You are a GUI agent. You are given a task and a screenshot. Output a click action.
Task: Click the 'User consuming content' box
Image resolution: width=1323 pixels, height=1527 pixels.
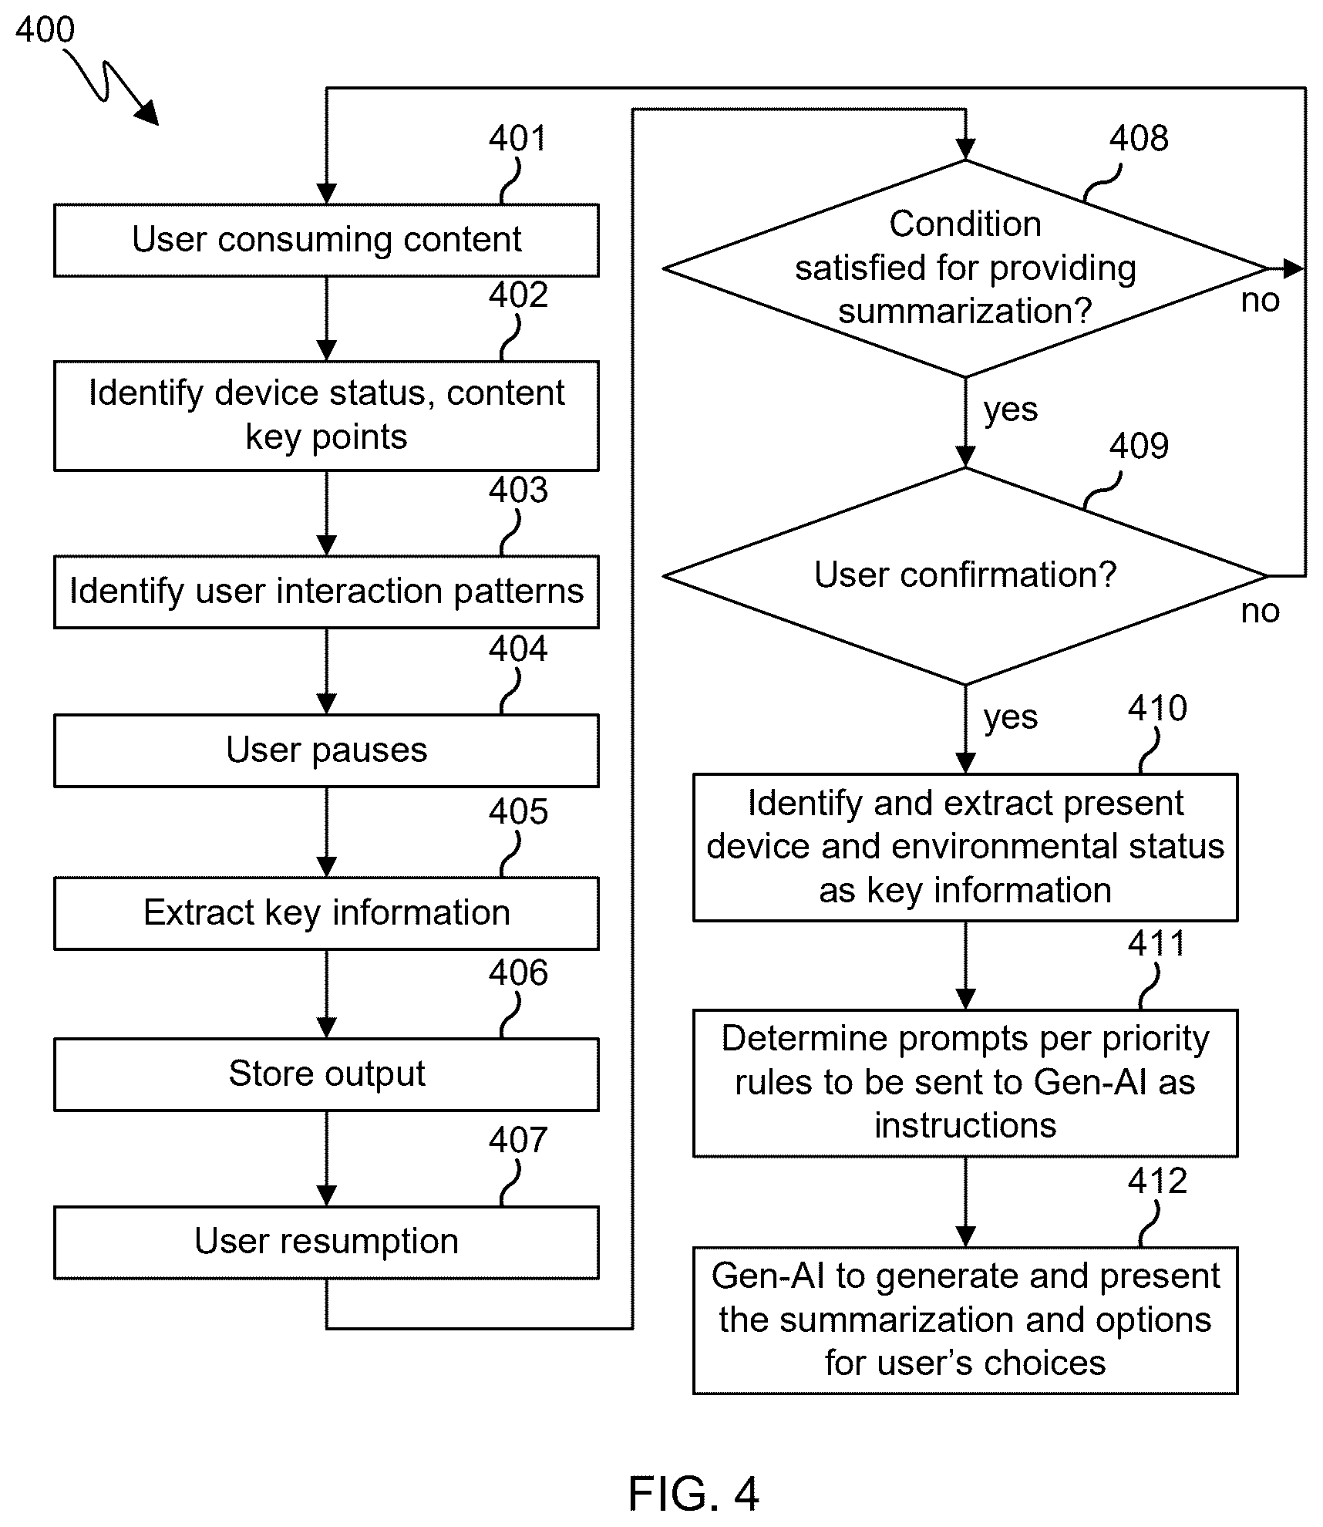point(326,240)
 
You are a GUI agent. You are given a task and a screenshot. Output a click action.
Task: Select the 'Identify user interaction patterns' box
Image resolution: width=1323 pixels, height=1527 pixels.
point(326,592)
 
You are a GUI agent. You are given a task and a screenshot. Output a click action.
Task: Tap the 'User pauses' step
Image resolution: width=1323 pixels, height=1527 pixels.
point(326,750)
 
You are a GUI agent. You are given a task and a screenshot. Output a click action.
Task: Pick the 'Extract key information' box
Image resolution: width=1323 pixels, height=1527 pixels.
point(326,913)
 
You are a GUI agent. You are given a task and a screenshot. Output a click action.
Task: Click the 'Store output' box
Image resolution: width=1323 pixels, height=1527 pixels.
point(326,1074)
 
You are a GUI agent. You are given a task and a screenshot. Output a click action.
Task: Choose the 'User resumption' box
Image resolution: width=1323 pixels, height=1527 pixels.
point(326,1242)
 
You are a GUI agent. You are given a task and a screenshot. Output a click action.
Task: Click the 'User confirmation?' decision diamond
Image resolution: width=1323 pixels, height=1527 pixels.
point(965,576)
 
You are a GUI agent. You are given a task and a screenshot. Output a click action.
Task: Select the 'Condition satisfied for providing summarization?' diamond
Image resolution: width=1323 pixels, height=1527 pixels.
point(965,268)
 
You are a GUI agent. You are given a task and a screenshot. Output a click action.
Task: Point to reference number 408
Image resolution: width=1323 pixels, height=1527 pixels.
point(1139,139)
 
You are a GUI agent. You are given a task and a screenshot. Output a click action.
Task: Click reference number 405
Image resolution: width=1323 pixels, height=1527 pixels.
point(518,812)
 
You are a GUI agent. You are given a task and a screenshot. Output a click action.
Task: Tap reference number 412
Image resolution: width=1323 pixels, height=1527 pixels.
point(1157,1181)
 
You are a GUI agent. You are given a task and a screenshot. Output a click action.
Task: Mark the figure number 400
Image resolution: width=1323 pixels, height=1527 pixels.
point(45,30)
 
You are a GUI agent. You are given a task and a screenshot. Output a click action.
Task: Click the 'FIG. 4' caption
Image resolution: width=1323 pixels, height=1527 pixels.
point(693,1493)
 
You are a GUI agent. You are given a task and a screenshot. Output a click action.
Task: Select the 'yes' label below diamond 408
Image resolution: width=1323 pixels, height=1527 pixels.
point(1011,410)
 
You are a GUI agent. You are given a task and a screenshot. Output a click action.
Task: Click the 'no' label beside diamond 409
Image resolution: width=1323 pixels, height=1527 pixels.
point(1260,611)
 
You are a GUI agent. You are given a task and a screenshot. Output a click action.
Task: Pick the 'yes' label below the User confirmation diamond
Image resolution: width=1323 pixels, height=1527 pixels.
point(1011,717)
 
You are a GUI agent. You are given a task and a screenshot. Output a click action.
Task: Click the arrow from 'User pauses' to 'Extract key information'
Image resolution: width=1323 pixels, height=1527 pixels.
point(327,832)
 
